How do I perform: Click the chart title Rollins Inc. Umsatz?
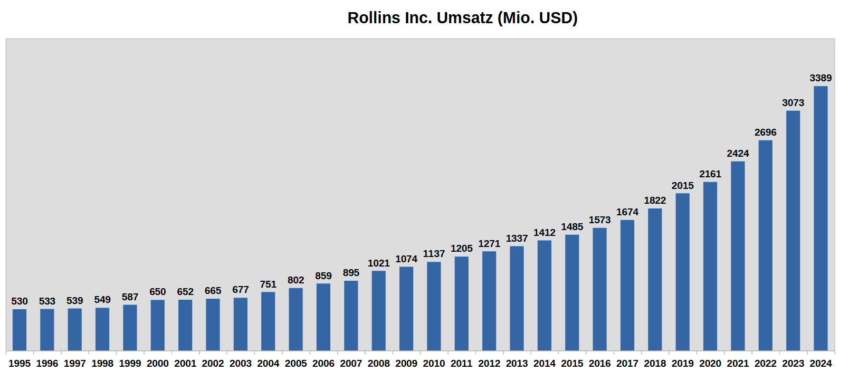(462, 18)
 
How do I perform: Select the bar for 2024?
(821, 218)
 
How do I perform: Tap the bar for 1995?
(20, 330)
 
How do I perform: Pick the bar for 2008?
(378, 311)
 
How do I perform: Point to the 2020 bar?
(710, 267)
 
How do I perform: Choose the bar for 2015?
(572, 293)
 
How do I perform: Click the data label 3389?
(821, 78)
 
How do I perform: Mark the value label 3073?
(793, 103)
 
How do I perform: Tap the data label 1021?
(378, 263)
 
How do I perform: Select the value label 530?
(20, 301)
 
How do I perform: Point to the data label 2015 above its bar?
(682, 186)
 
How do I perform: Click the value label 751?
(268, 284)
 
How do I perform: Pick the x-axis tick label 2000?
(158, 364)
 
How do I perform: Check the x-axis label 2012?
(489, 364)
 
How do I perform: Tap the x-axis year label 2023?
(793, 364)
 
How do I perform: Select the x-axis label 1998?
(102, 364)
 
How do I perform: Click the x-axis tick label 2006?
(323, 364)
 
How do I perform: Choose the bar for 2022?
(766, 245)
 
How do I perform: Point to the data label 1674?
(627, 212)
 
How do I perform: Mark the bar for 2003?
(241, 324)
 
